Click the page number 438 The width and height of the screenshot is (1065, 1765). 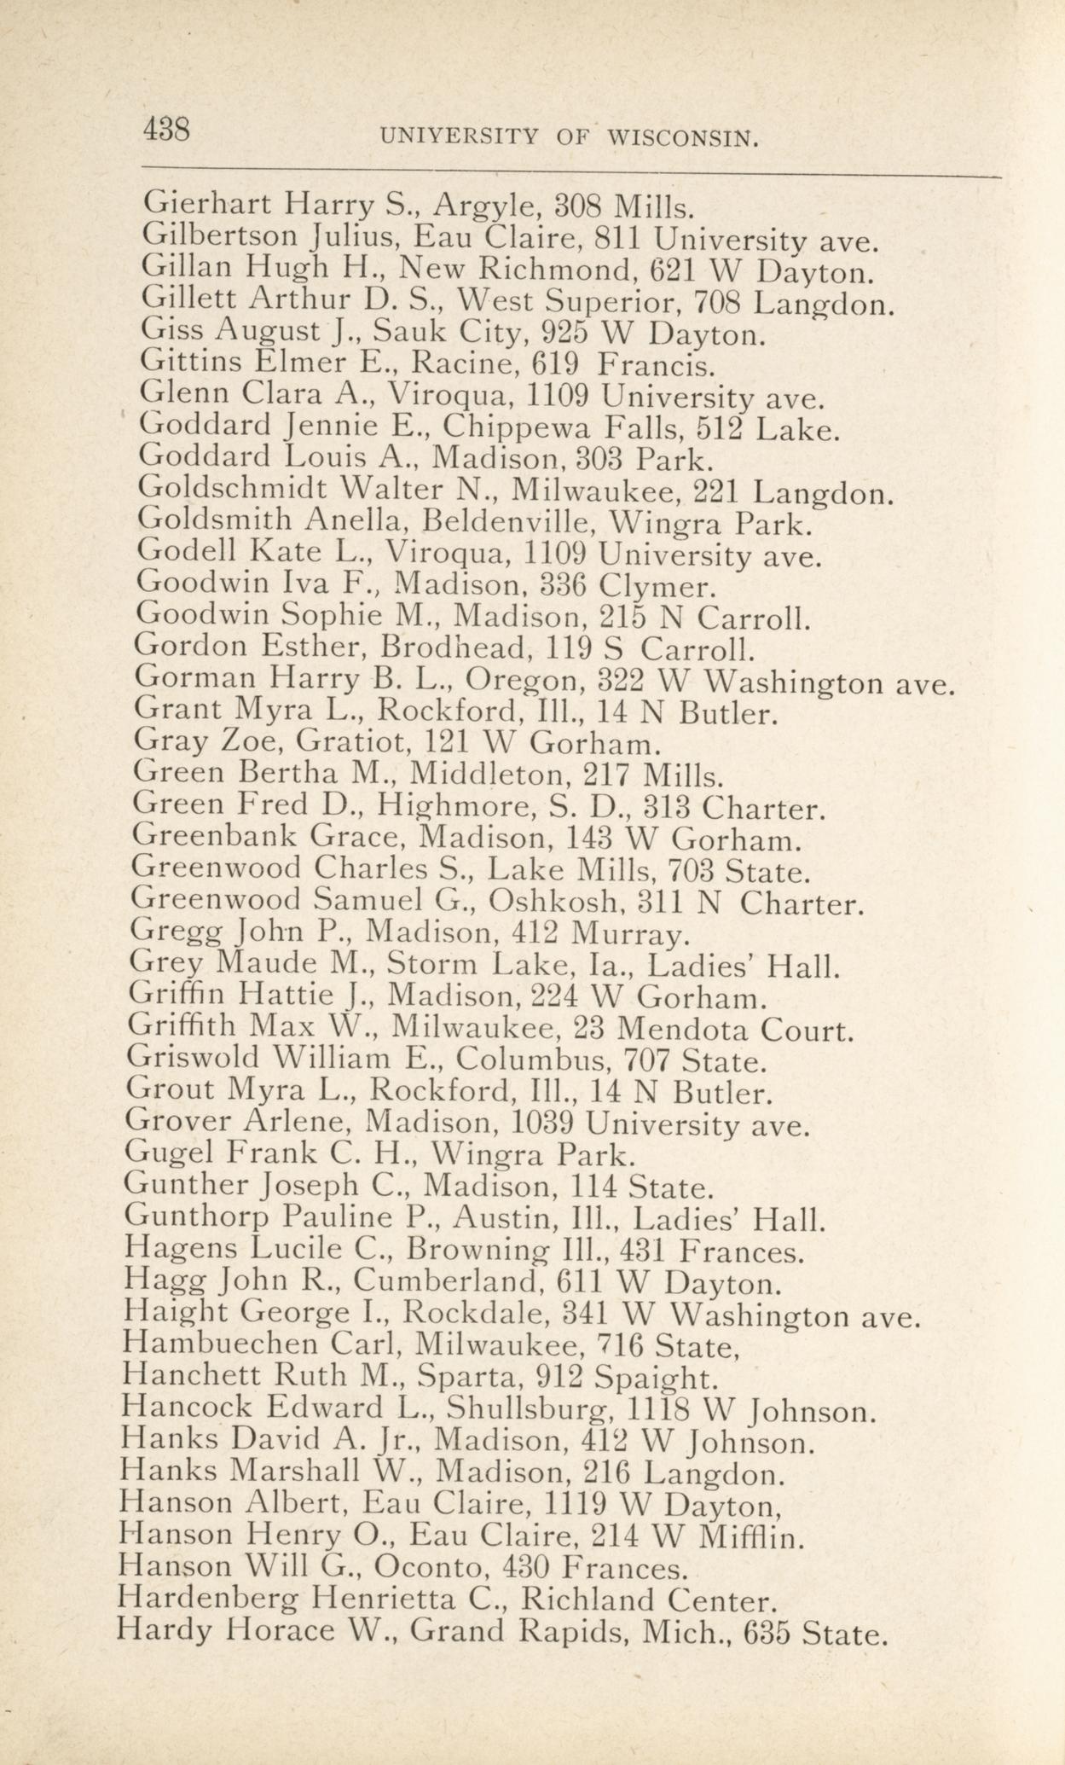coord(166,131)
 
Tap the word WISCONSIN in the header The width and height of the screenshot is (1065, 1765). coord(684,136)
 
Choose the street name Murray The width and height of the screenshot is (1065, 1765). coord(628,932)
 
